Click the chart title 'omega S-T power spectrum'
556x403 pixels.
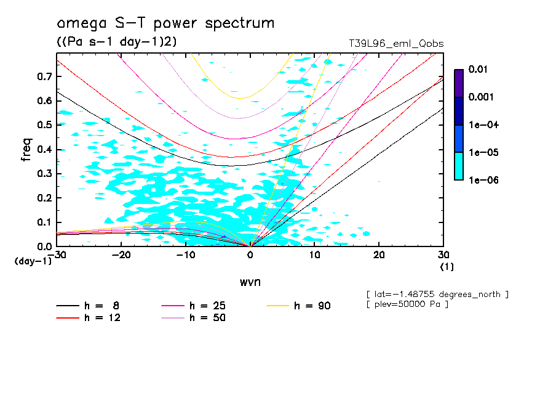[x=165, y=24]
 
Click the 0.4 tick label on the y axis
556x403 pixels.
[x=44, y=149]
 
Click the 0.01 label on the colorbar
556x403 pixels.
[x=478, y=70]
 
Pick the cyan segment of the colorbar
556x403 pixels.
[x=458, y=166]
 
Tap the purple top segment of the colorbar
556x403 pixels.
[x=458, y=83]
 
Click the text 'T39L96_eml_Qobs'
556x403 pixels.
[x=395, y=44]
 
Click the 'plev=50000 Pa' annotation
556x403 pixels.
[x=407, y=304]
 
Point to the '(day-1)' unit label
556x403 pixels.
[x=33, y=261]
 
